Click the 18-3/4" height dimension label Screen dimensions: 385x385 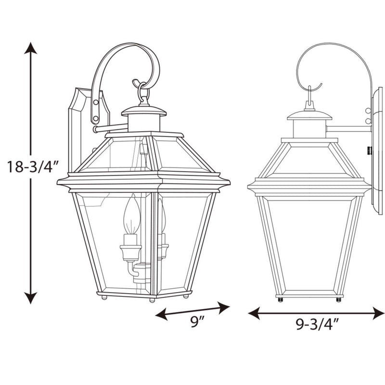tap(33, 167)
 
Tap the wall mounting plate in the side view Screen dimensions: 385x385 tap(376, 149)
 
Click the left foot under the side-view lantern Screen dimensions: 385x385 tap(280, 300)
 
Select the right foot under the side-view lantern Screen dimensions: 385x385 tap(338, 300)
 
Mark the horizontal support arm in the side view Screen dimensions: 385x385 tap(349, 129)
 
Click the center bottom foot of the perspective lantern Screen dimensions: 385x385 tap(152, 300)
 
